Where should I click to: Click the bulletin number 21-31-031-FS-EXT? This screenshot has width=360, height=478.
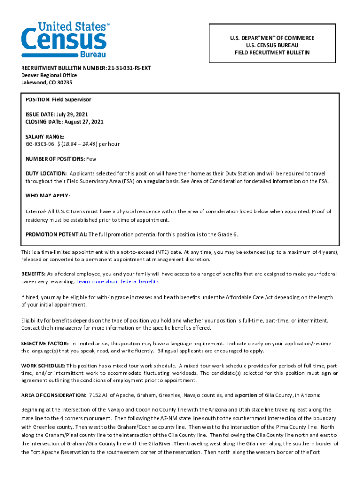[129, 68]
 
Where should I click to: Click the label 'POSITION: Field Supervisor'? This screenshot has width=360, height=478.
[58, 100]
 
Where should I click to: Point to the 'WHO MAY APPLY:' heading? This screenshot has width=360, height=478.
[48, 196]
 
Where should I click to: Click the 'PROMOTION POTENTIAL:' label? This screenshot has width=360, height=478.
[56, 234]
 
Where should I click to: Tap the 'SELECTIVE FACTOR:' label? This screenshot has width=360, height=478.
[45, 344]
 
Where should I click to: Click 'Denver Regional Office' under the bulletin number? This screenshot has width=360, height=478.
[49, 75]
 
